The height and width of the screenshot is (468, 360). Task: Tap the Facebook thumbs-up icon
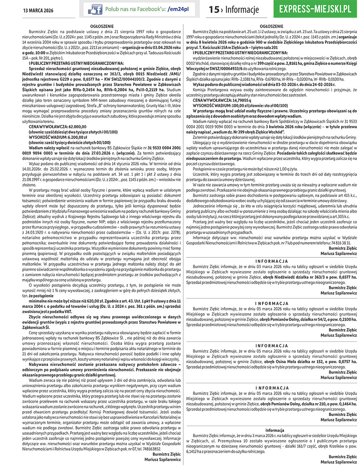95,9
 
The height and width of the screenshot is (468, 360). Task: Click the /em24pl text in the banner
178,9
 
